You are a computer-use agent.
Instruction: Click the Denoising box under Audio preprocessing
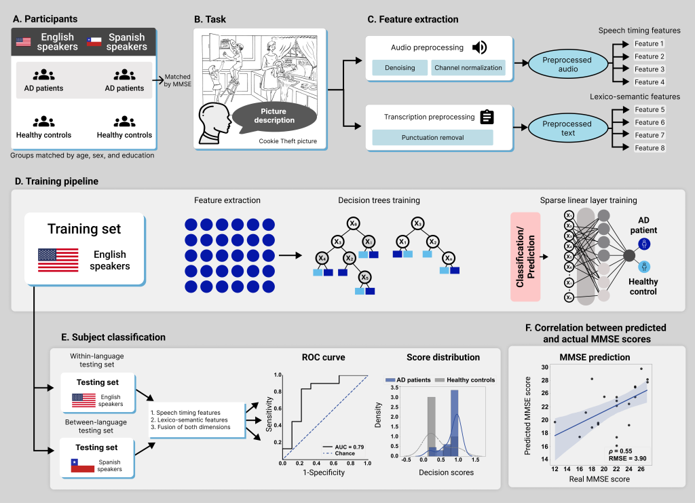coord(399,68)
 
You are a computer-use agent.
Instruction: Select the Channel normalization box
coord(468,68)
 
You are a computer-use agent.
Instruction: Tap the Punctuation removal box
coord(432,137)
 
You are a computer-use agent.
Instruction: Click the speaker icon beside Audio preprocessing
coord(480,47)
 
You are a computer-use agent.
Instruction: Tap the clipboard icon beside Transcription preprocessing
coord(487,117)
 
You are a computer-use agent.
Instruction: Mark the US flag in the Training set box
coord(58,261)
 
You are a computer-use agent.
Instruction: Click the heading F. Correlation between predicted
coord(596,328)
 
